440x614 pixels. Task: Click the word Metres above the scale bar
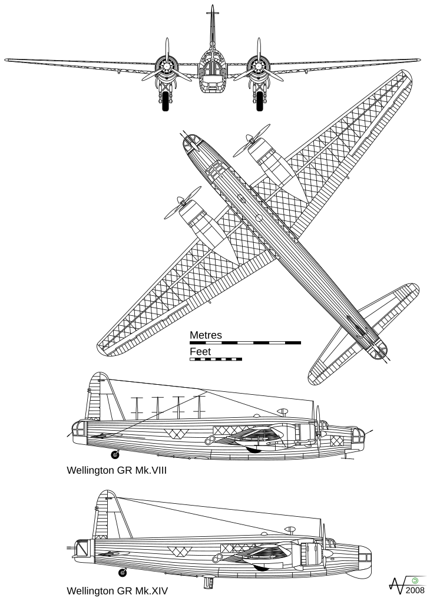(x=206, y=335)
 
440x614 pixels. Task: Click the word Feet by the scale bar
(x=200, y=352)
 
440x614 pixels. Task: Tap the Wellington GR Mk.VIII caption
(x=117, y=470)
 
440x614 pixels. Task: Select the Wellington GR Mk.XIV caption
(x=117, y=591)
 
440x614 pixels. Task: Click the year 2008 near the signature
(x=415, y=590)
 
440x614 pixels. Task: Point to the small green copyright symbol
(x=415, y=581)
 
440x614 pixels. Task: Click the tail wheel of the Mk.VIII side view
(x=115, y=455)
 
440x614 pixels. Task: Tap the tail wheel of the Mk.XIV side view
(x=123, y=573)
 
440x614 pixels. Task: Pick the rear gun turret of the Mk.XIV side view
(x=82, y=548)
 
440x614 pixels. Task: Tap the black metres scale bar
(x=246, y=342)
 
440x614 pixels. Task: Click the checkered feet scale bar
(x=216, y=359)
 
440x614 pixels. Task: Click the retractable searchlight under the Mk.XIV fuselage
(x=209, y=582)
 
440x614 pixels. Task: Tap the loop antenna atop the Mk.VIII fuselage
(x=283, y=411)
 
